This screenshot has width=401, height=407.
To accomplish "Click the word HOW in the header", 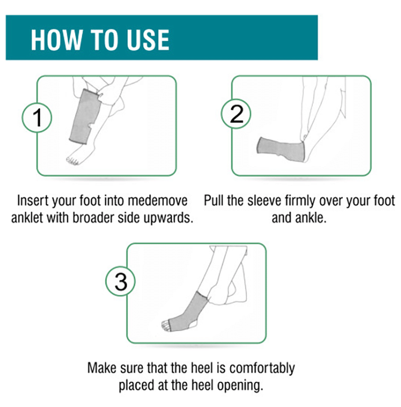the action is [56, 40].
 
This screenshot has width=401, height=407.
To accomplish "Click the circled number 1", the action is [37, 118].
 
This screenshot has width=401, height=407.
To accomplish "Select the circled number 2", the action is [236, 114].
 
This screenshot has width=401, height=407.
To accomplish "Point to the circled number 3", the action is [121, 281].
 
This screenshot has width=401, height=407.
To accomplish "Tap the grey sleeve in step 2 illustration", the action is [281, 150].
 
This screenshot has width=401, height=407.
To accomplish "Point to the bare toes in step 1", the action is [72, 161].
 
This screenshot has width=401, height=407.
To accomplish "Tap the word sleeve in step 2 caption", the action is [264, 201].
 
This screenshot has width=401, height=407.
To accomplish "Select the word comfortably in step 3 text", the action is [262, 369].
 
